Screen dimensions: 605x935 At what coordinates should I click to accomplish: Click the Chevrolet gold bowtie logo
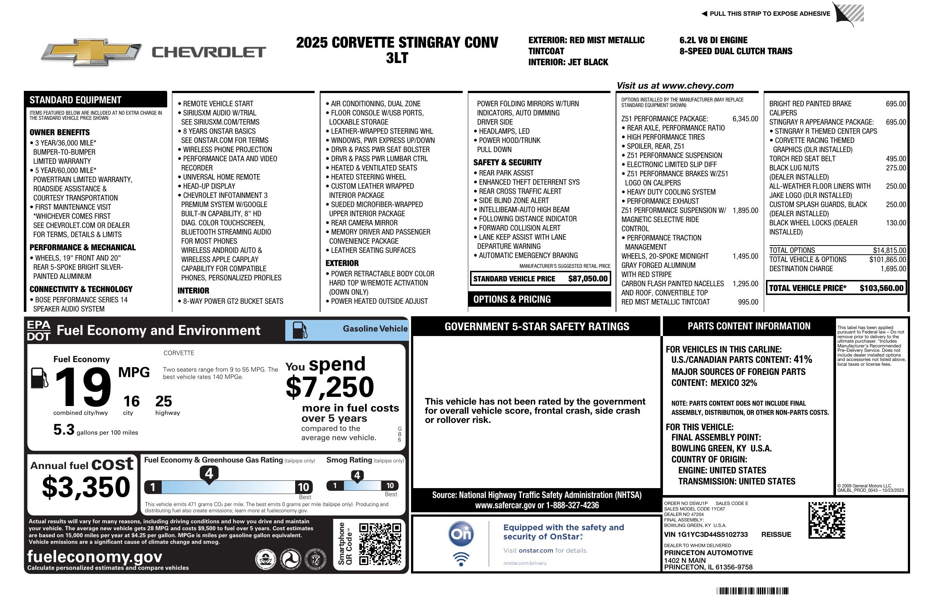click(x=91, y=52)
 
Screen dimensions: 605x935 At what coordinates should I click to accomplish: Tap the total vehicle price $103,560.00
click(x=881, y=288)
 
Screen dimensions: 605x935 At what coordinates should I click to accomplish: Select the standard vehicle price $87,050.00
click(x=588, y=279)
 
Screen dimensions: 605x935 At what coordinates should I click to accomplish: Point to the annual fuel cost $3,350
click(x=86, y=487)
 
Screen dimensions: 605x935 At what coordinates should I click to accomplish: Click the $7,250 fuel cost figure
click(x=330, y=387)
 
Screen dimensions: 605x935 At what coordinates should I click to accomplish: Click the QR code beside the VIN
click(x=826, y=520)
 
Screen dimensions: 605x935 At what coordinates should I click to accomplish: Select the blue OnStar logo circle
click(x=461, y=534)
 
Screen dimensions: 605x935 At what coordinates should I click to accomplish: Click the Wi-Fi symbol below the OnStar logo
click(x=461, y=559)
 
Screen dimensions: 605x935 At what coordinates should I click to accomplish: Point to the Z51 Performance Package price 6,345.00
click(x=745, y=119)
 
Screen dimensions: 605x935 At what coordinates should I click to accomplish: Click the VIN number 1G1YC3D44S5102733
click(x=705, y=534)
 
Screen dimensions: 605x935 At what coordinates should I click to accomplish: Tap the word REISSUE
click(x=776, y=534)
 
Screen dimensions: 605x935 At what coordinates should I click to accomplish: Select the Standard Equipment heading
click(x=76, y=100)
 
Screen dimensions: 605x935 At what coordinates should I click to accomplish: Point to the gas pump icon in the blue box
click(x=300, y=330)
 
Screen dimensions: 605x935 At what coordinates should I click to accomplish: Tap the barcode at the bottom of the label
click(x=752, y=591)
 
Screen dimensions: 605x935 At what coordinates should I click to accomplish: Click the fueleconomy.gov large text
click(x=95, y=556)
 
